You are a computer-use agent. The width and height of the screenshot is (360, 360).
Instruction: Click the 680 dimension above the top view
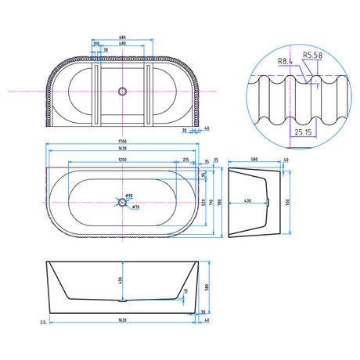[122, 37]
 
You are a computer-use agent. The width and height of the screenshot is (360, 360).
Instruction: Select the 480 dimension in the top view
[122, 43]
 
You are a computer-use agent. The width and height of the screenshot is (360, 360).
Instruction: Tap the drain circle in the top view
[121, 92]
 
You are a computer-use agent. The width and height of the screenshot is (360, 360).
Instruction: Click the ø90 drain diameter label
[130, 196]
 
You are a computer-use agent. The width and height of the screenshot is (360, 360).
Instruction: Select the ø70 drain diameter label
[135, 207]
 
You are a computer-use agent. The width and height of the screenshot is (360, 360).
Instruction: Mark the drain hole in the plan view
[121, 202]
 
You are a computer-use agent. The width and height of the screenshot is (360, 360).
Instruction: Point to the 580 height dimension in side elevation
[206, 286]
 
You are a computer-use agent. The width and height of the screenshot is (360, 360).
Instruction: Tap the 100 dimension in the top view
[95, 44]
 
